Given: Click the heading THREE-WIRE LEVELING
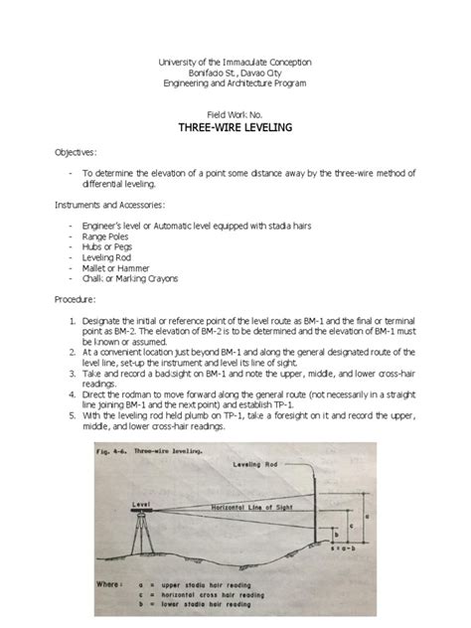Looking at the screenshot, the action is tap(235, 129).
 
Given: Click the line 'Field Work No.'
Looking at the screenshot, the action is tap(235, 114).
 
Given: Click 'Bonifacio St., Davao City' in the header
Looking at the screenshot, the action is tap(235, 73).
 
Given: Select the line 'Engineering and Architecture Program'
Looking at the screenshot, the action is tap(235, 83).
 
